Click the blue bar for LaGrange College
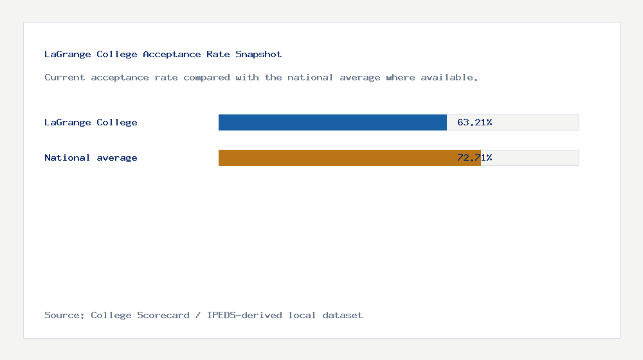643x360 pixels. (x=332, y=122)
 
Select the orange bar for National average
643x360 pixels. (x=349, y=157)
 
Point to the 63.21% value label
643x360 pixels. (x=475, y=122)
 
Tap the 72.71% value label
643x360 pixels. (x=475, y=157)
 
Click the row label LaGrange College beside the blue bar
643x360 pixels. (x=91, y=122)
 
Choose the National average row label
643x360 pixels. (x=91, y=157)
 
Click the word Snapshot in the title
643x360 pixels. (x=258, y=55)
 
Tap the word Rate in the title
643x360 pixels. (x=218, y=55)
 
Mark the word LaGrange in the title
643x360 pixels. (x=68, y=55)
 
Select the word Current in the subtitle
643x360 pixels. (x=65, y=78)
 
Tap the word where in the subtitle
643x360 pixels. (x=401, y=78)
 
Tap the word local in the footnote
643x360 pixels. (x=302, y=315)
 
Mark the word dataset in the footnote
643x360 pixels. (x=343, y=315)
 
